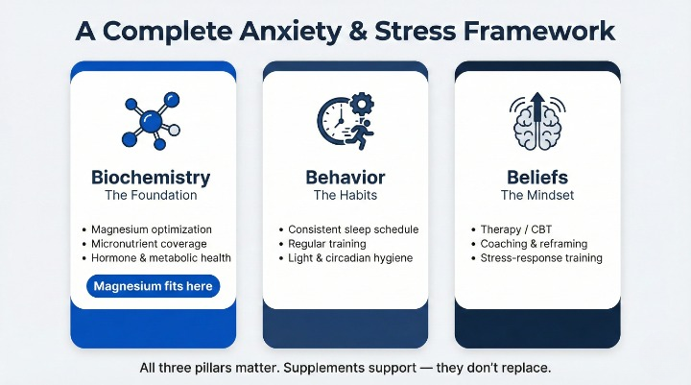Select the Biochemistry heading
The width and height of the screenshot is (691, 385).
[x=151, y=178]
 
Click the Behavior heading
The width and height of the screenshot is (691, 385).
[x=345, y=178]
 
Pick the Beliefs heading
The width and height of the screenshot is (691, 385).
[x=537, y=178]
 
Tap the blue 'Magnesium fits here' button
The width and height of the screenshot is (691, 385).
[x=154, y=286]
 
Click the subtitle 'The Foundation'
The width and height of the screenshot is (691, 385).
[x=151, y=196]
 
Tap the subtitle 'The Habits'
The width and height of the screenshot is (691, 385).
[x=345, y=196]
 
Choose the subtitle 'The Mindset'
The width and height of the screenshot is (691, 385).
[x=537, y=196]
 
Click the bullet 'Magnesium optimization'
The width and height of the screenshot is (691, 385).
[x=152, y=230]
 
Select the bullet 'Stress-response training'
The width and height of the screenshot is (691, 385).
[x=541, y=258]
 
